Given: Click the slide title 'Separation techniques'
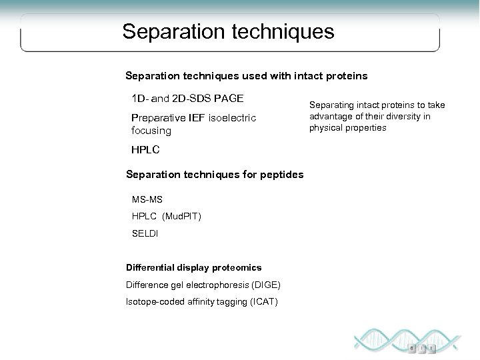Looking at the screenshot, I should click(x=229, y=31).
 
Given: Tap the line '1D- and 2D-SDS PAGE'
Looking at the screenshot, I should click(x=187, y=99).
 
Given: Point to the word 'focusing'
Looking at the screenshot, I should click(x=151, y=131).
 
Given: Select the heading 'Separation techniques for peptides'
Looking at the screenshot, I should click(x=215, y=175).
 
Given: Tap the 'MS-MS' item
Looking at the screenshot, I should click(x=147, y=199).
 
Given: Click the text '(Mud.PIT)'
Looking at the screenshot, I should click(x=182, y=217).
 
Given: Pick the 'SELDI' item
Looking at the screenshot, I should click(x=145, y=234).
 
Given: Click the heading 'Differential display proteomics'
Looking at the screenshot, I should click(x=193, y=268).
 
